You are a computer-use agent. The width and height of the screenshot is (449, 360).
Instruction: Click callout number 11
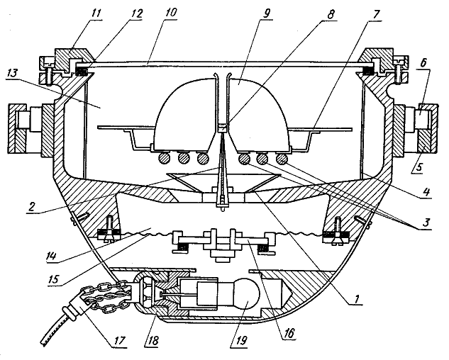[96, 14]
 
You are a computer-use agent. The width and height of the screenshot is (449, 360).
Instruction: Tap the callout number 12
[135, 14]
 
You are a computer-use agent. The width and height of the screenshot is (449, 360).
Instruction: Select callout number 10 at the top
[170, 13]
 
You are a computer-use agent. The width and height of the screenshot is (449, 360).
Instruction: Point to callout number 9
[267, 13]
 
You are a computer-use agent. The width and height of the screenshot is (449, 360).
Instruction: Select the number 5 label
[418, 167]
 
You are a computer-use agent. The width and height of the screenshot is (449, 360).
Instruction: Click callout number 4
[426, 191]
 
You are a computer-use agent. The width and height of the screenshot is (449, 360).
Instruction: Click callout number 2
[31, 206]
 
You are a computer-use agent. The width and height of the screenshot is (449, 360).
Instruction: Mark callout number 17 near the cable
[119, 340]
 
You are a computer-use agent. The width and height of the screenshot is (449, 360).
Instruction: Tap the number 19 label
[240, 341]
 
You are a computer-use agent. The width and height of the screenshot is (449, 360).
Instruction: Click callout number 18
[153, 340]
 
